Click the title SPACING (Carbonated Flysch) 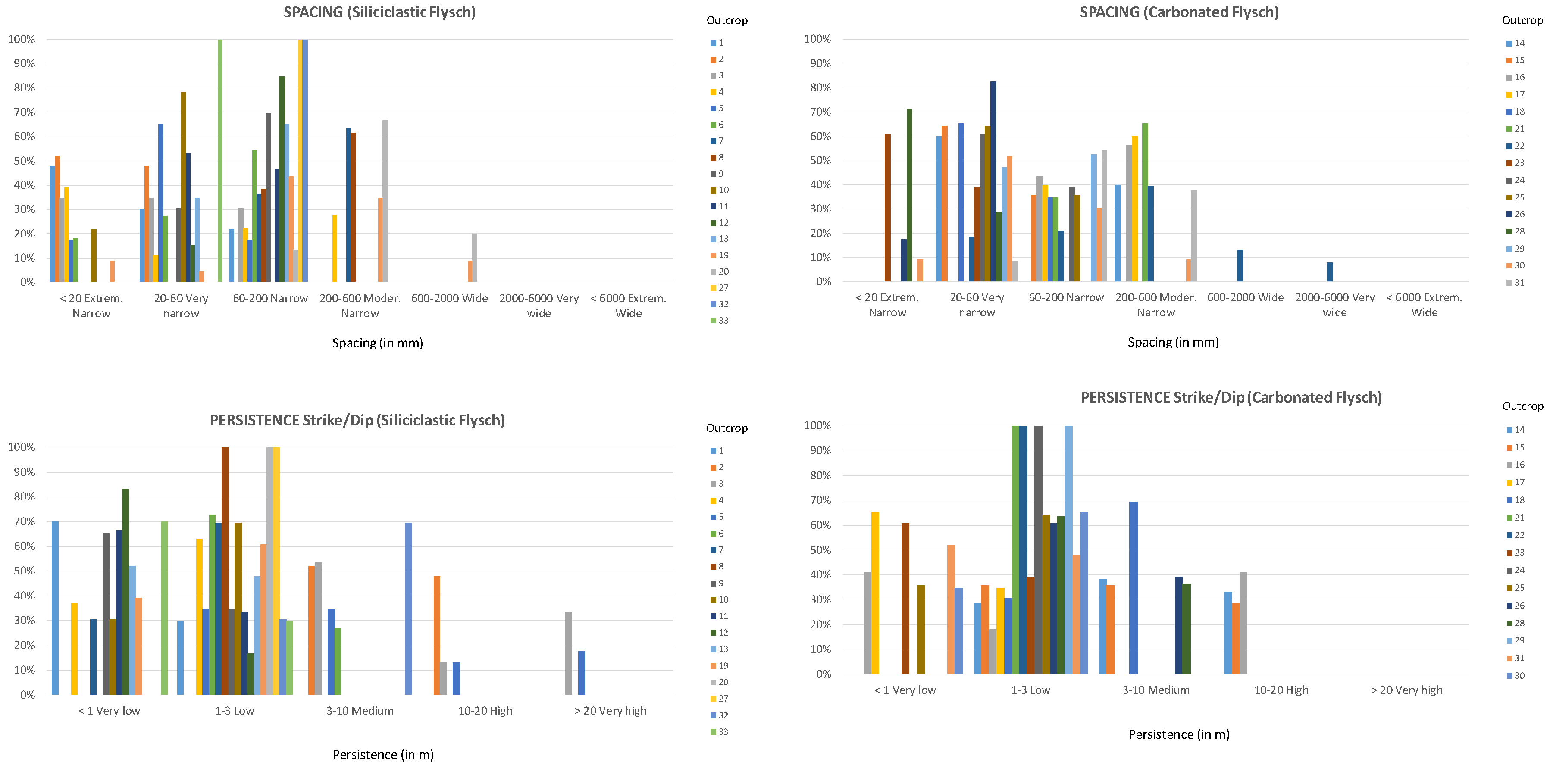point(1179,12)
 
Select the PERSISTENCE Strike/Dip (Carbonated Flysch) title point(1231,397)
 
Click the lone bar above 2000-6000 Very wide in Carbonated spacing point(1329,272)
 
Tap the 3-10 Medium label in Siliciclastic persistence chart point(360,711)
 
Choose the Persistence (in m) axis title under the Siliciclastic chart point(383,755)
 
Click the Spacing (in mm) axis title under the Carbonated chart point(1173,342)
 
